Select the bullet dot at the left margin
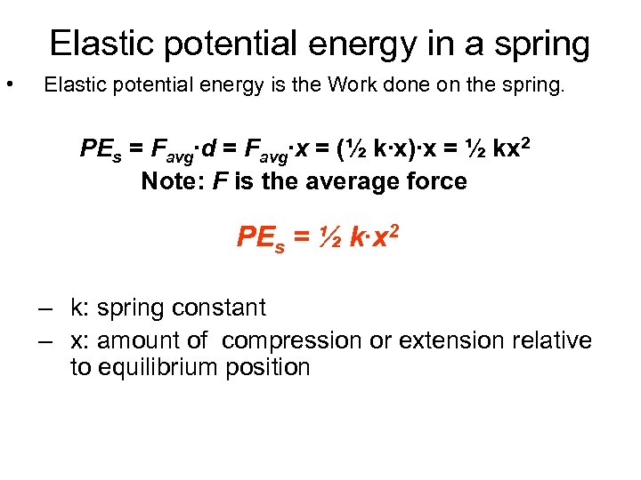pos(9,85)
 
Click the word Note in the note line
pos(167,181)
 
